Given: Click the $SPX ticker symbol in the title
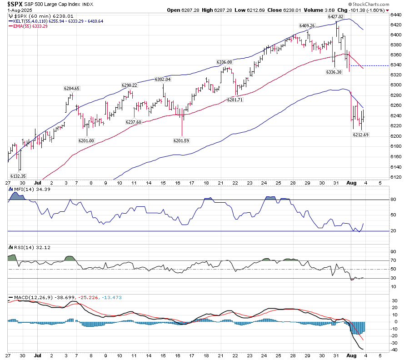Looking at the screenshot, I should coord(17,4).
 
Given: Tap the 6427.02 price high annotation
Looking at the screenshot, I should coord(336,16).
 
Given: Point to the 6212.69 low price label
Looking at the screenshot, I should coord(361,135).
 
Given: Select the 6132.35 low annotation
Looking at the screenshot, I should coord(18,176).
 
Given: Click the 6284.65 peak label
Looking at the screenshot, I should coord(72,88).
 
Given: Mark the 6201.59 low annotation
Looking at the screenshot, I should coord(181,140).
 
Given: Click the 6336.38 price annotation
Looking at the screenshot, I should coord(334,72).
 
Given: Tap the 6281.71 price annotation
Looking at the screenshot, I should coord(236,100).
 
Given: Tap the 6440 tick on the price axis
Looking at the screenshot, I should coord(396,15).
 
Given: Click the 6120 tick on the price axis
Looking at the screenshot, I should coord(396,177).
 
